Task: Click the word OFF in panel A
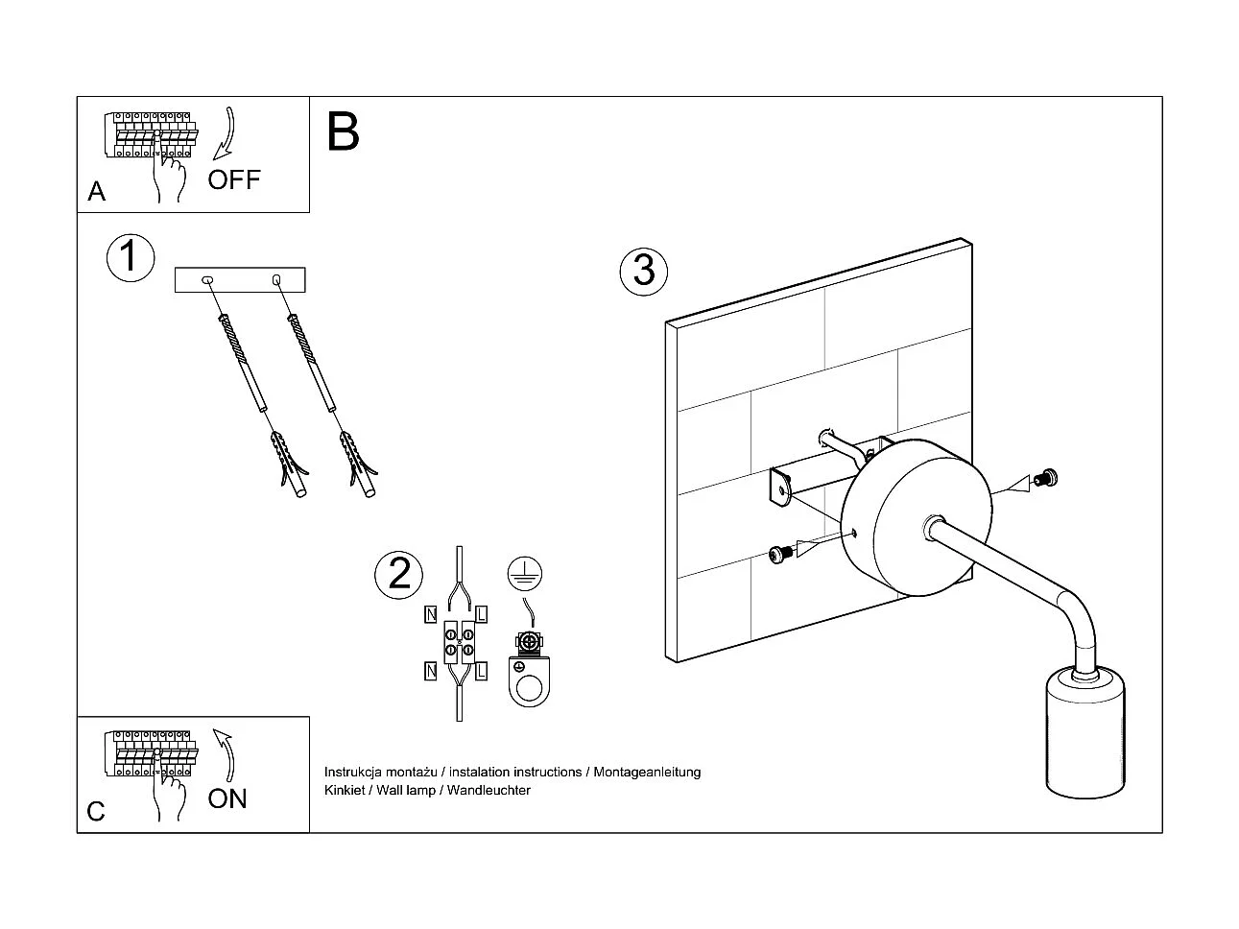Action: click(233, 179)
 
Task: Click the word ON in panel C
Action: click(227, 798)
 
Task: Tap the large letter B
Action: click(343, 132)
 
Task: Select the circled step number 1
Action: click(130, 256)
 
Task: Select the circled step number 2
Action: click(398, 573)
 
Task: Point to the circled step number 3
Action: click(643, 270)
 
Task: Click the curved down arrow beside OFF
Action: click(226, 134)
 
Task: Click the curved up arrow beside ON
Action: click(226, 754)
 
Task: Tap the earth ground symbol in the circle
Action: click(525, 573)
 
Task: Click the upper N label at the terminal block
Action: click(431, 612)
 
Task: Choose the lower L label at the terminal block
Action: click(481, 670)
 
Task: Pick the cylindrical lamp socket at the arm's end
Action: click(1083, 735)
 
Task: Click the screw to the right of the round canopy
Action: click(1043, 476)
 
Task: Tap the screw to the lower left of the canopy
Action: click(779, 553)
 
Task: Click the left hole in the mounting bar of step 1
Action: click(207, 280)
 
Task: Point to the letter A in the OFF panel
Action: click(96, 192)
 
